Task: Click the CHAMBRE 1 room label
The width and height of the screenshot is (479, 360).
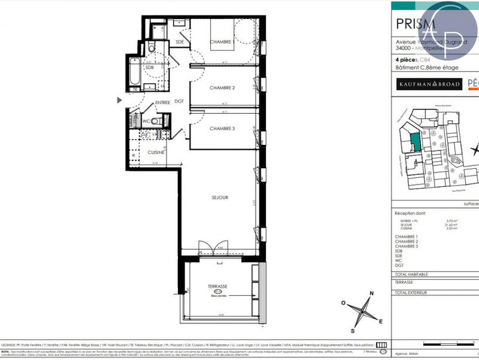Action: (x=221, y=41)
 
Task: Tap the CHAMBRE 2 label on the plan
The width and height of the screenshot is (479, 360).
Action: (x=222, y=88)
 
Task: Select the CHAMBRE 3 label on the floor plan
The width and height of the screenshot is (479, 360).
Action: (x=222, y=129)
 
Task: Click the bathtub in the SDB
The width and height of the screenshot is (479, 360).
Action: (x=135, y=73)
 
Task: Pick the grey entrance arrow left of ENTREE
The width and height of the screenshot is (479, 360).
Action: (x=120, y=101)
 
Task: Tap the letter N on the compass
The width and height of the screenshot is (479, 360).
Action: (x=372, y=294)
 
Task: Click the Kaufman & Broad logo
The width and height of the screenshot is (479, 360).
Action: (x=429, y=84)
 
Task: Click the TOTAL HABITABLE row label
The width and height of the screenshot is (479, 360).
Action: (x=411, y=274)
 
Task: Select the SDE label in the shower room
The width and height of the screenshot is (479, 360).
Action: (x=180, y=42)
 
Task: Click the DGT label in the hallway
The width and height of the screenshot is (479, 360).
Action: (x=179, y=101)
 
